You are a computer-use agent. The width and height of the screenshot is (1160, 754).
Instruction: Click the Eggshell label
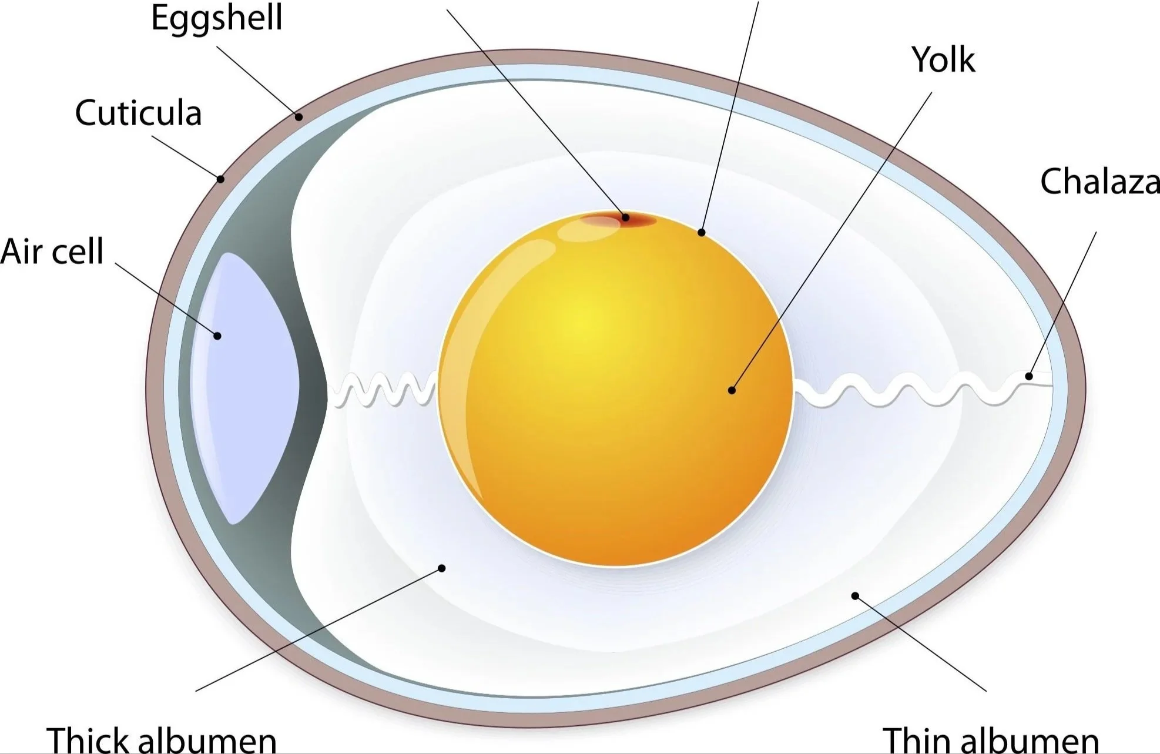(x=217, y=18)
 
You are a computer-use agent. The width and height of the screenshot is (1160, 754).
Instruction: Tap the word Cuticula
(x=139, y=113)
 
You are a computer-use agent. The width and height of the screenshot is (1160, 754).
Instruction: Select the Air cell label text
(x=52, y=251)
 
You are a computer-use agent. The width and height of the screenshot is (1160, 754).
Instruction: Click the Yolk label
(x=943, y=59)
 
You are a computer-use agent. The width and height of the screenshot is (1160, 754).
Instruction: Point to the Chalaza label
(x=1099, y=181)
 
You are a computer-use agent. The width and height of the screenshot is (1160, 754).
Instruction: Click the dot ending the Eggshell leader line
(x=299, y=117)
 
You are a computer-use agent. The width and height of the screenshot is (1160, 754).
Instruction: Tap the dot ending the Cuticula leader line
(x=220, y=179)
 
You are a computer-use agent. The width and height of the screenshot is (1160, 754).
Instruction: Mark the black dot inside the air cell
(x=217, y=336)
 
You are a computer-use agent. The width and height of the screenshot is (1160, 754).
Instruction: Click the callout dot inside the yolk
(x=732, y=390)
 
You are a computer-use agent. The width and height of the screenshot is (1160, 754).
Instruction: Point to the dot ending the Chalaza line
(x=1029, y=376)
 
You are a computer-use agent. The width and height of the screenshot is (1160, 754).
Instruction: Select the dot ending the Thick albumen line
(x=442, y=568)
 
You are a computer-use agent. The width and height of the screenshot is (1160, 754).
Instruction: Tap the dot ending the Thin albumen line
(x=855, y=596)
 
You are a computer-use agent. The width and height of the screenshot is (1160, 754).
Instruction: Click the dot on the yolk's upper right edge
(x=701, y=233)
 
